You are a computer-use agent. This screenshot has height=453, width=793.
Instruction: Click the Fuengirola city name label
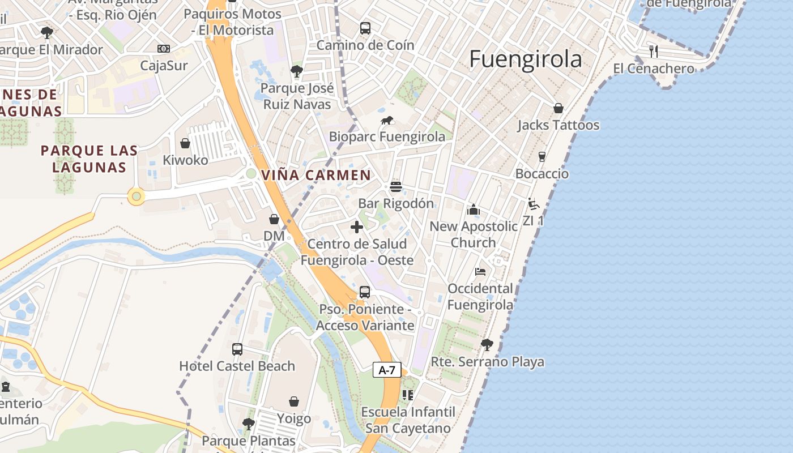tap(526, 59)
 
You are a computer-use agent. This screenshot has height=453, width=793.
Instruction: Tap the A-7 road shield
tap(387, 370)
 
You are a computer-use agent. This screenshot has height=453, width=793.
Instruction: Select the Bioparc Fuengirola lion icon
tap(387, 120)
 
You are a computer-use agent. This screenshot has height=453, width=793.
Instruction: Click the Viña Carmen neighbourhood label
tap(316, 175)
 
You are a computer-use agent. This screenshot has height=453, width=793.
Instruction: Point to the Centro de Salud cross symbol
tap(357, 227)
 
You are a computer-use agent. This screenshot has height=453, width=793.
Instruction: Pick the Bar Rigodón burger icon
tap(396, 186)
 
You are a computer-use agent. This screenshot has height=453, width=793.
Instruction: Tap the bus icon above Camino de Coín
tap(365, 28)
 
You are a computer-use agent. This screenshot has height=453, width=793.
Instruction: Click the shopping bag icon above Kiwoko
tap(185, 143)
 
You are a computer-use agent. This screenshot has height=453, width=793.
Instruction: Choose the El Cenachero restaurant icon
tap(654, 52)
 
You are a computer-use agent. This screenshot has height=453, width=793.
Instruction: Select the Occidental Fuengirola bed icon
tap(480, 272)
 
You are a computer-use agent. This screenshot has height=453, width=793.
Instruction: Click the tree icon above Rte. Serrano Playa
tap(487, 344)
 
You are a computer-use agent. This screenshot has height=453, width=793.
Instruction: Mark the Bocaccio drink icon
tap(542, 156)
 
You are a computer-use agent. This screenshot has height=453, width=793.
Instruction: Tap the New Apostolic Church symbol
tap(474, 210)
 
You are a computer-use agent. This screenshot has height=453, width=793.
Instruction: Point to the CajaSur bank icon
tap(164, 49)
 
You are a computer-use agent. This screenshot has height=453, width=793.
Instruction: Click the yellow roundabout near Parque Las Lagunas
tap(136, 196)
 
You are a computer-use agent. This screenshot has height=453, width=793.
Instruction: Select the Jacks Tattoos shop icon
tap(558, 108)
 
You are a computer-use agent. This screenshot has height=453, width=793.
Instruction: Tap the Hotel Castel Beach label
tap(237, 366)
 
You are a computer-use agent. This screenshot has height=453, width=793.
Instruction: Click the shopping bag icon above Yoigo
tap(294, 401)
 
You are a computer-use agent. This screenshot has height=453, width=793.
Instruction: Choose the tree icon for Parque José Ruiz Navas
tap(296, 71)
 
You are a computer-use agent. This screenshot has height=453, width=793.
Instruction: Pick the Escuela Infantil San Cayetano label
tap(408, 420)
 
